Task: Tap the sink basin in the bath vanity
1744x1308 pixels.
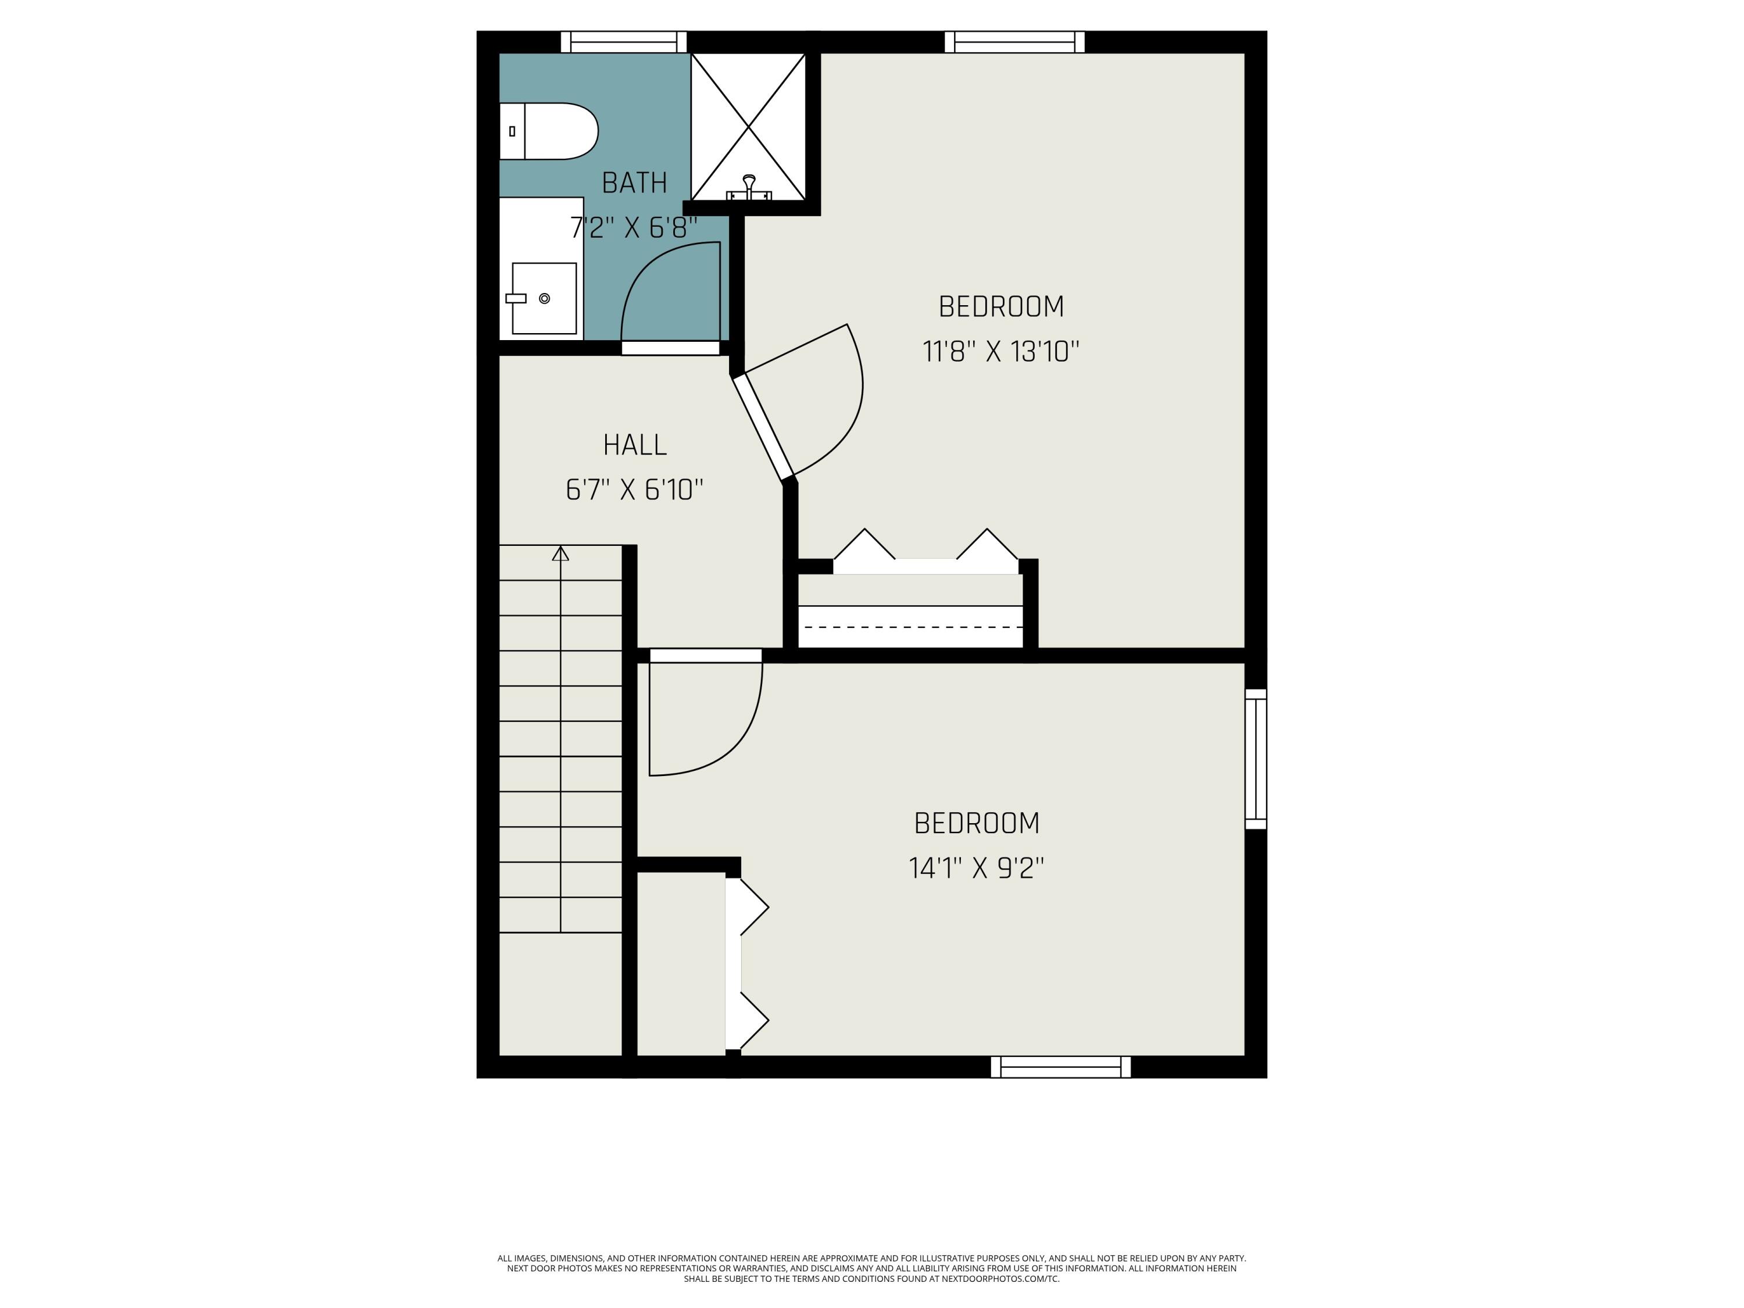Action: (544, 298)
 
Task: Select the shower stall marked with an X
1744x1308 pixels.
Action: (748, 126)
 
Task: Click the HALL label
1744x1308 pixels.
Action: (635, 445)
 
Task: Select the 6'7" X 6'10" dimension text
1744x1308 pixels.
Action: (635, 489)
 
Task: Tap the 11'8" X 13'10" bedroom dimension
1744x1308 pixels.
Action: (1000, 351)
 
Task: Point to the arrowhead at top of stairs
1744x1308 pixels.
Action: (560, 553)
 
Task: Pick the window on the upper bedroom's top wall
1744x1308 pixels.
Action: (1014, 42)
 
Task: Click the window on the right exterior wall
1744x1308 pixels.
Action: (1255, 759)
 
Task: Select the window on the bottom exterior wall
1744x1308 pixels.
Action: (1060, 1067)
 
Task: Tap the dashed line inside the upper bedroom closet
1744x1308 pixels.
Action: (912, 627)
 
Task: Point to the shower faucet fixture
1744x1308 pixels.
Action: (748, 186)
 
